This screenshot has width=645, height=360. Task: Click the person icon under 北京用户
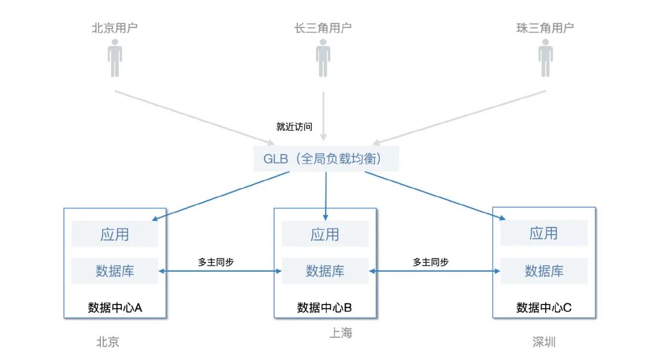(x=115, y=59)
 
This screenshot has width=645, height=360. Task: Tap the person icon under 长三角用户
(x=323, y=59)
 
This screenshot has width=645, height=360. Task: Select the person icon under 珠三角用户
(x=545, y=59)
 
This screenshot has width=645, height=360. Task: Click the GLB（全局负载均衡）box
(x=326, y=159)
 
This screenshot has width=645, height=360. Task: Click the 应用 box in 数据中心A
(x=115, y=234)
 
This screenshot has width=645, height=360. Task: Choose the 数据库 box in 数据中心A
(x=115, y=271)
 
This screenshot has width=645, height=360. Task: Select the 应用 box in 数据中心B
(x=325, y=234)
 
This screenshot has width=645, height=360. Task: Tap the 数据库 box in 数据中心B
(x=325, y=271)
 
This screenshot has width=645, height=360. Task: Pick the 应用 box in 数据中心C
(x=543, y=233)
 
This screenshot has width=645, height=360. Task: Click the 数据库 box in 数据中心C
(x=543, y=271)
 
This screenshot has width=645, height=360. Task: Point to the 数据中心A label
(x=115, y=307)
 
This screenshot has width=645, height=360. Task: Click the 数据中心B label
(x=325, y=307)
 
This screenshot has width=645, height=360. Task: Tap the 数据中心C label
(x=543, y=307)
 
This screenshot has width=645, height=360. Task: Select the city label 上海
(x=341, y=333)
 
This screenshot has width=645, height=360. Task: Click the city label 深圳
(x=544, y=342)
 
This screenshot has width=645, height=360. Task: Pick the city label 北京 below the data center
(x=108, y=342)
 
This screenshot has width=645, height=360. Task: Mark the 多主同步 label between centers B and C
(x=431, y=262)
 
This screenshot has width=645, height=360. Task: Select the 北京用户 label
(x=115, y=28)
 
